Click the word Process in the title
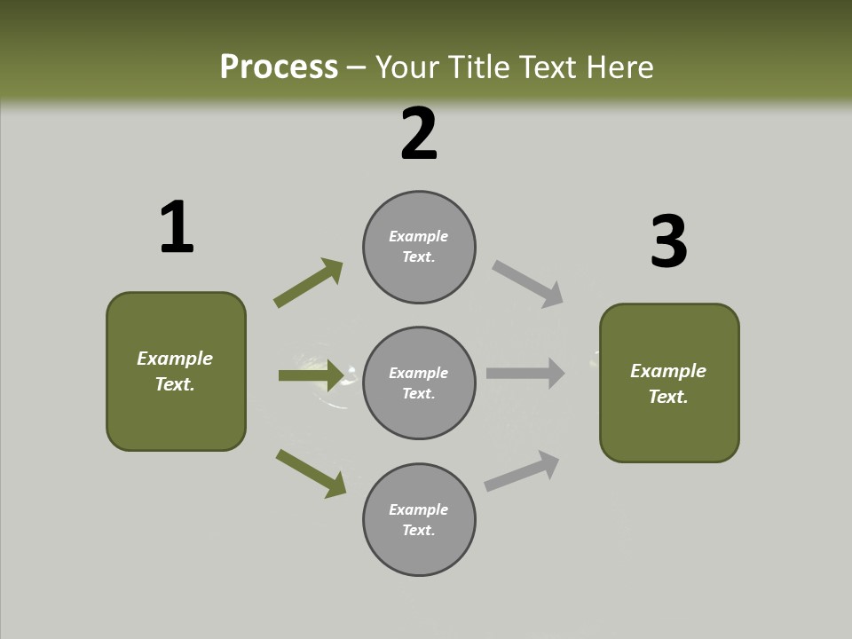279,67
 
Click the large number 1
177,227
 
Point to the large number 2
419,134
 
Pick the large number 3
668,241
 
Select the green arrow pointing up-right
308,283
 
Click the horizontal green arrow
311,375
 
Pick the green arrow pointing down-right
311,473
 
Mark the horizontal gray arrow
525,374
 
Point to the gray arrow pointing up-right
522,471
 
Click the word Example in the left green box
175,359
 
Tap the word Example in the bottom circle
418,509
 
